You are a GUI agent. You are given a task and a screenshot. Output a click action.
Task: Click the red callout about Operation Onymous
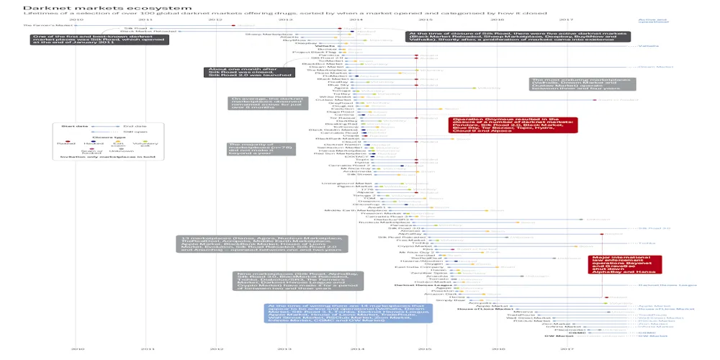coord(513,125)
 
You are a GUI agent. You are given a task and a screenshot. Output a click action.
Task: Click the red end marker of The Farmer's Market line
coord(232,25)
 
